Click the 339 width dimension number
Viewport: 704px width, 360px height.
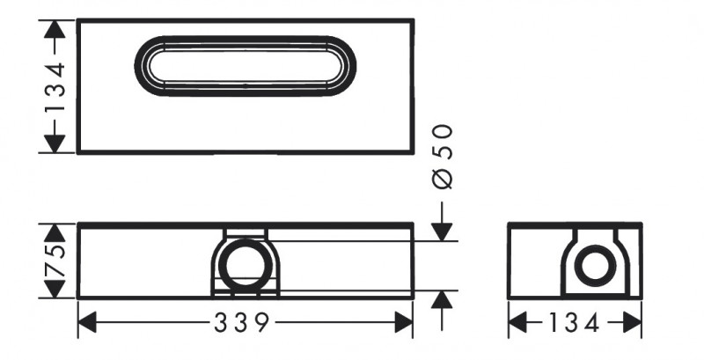(x=241, y=324)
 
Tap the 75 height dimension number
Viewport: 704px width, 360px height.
(x=55, y=261)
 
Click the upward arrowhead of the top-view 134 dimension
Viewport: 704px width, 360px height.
(x=55, y=30)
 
